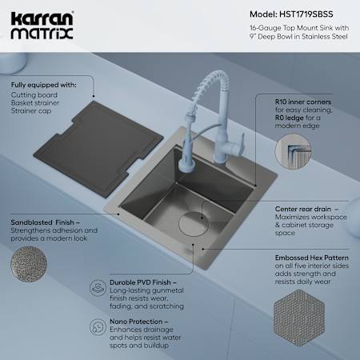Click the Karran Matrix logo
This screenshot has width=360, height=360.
tap(42, 26)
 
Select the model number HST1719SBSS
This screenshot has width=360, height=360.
tap(306, 14)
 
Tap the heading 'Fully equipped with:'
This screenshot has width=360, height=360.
tap(44, 85)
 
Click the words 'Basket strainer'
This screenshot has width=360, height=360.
tap(35, 103)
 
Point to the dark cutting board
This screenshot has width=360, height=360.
tap(98, 149)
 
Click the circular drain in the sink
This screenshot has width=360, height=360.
tap(194, 224)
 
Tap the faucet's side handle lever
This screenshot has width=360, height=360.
tap(241, 144)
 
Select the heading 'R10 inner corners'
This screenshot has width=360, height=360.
tap(303, 102)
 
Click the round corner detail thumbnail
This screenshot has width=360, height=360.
tap(293, 151)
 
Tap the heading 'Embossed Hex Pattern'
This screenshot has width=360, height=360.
tap(312, 258)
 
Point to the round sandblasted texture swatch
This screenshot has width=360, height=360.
tap(29, 264)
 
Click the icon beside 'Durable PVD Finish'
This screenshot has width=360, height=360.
tap(98, 288)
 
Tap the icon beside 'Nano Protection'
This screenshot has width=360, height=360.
tap(98, 327)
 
